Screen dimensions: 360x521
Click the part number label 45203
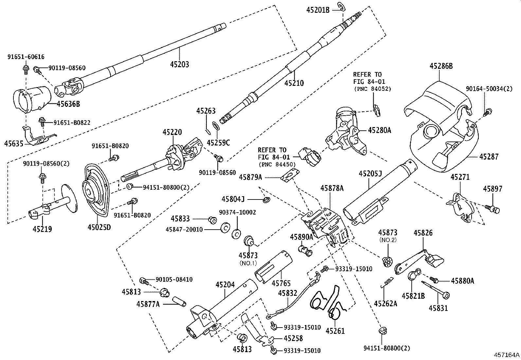[179, 64]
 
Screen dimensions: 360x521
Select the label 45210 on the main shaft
[294, 83]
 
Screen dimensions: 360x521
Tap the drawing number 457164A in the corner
[507, 355]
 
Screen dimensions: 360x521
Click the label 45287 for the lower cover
[489, 157]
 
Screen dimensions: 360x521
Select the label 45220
[172, 132]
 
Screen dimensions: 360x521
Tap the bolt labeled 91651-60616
[25, 68]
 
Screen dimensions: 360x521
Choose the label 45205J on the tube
[370, 174]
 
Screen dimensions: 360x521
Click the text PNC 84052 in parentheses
[372, 88]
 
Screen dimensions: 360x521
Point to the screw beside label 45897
[493, 209]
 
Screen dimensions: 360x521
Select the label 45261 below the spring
[335, 331]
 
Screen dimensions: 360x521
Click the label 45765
[281, 283]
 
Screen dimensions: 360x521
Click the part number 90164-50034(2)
[489, 89]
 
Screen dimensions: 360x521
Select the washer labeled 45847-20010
[225, 228]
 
